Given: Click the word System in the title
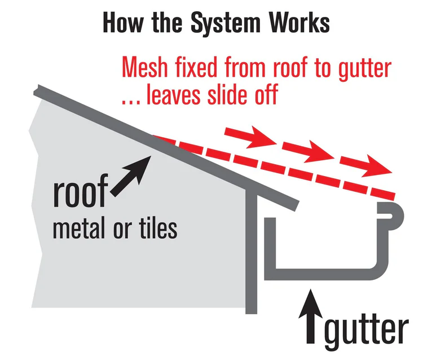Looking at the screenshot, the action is pos(226,23).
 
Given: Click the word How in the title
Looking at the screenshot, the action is pos(123,23).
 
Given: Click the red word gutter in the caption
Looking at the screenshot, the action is pos(364,69).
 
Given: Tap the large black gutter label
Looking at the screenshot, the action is pos(367,331).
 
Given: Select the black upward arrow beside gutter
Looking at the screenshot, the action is pos(311,317).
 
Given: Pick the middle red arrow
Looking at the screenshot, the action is pos(308,151).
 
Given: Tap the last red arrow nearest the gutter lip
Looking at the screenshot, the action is pos(366,166).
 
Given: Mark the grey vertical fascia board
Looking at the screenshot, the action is pos(251,251).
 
